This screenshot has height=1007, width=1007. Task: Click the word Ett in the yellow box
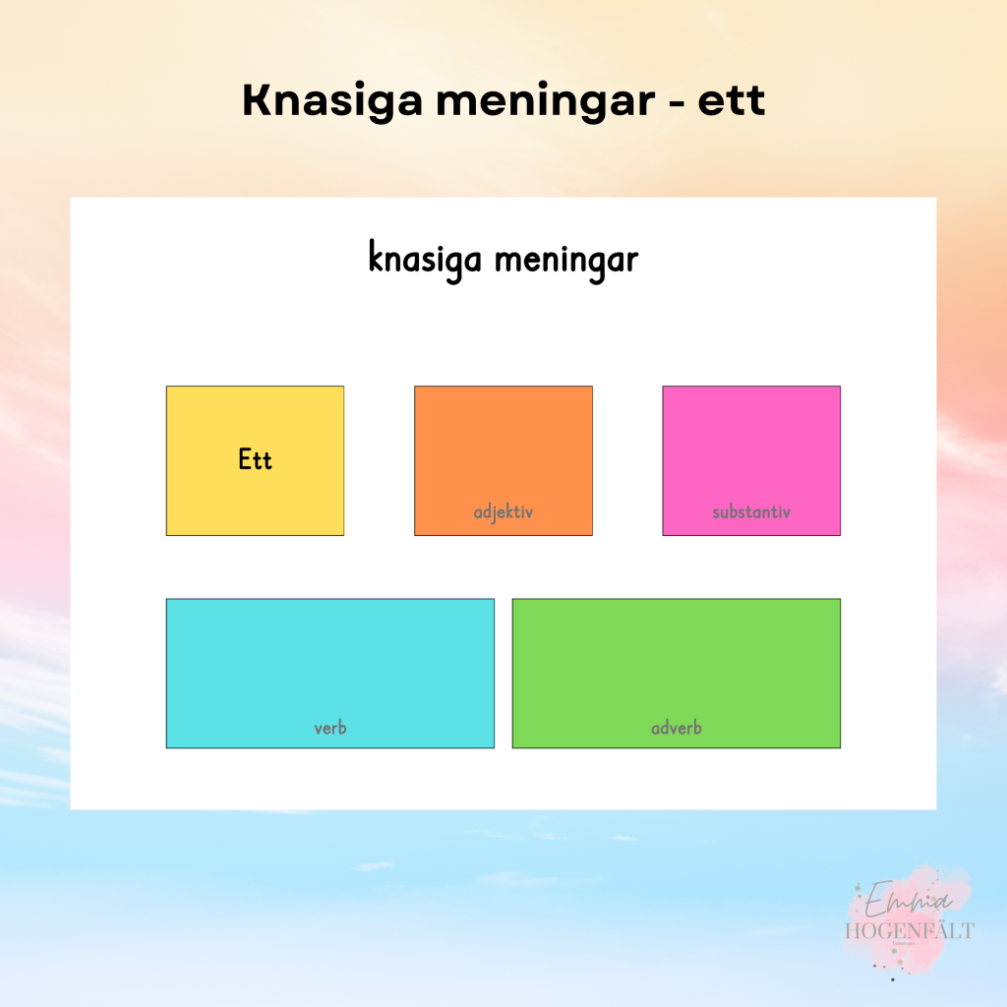(255, 459)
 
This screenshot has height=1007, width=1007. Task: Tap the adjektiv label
(503, 512)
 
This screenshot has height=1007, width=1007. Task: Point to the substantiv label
(751, 512)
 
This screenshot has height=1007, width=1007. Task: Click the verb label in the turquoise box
(330, 729)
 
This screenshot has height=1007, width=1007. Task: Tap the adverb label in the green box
(677, 729)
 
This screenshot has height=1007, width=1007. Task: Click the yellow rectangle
(255, 413)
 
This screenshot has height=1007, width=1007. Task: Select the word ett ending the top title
(732, 101)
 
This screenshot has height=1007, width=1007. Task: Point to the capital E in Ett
(244, 459)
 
